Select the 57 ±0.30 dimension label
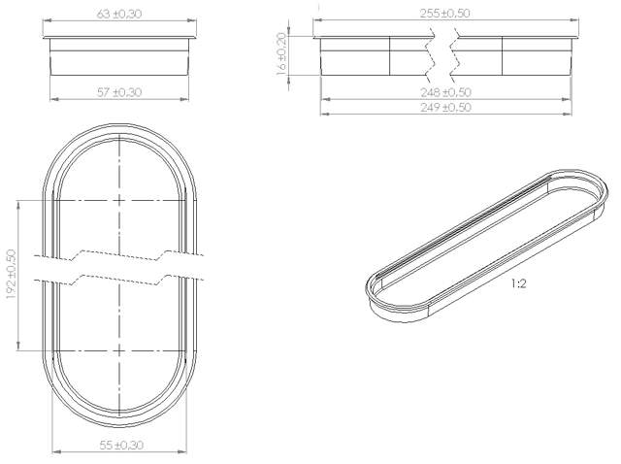(119, 91)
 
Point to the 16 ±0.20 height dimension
(282, 55)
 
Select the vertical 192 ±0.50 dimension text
(11, 275)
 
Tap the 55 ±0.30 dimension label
(119, 445)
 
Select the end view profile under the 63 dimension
(119, 56)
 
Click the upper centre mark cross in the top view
(118, 199)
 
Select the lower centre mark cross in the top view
(118, 348)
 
